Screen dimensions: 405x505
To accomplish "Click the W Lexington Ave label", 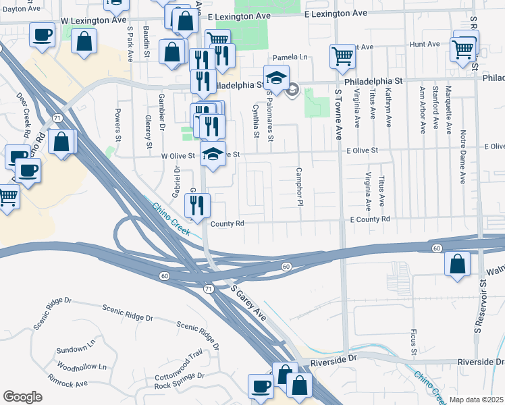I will [95, 21].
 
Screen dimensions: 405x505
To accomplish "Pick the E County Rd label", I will [370, 219].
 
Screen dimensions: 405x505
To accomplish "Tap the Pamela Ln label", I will [290, 57].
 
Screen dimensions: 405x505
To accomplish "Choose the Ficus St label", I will [413, 343].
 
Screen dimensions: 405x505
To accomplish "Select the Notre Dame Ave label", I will [463, 157].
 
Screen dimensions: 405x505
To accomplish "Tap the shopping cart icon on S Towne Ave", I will [342, 57].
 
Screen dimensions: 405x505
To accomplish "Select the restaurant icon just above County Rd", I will [198, 205].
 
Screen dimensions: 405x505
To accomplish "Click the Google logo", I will [22, 397].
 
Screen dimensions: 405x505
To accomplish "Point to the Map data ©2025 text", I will [476, 400].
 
